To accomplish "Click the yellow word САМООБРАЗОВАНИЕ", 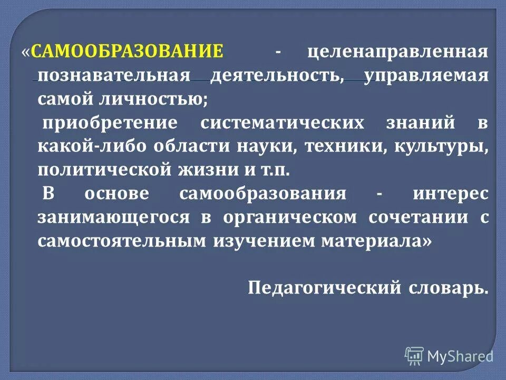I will click(x=127, y=52).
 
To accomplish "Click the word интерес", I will click(x=451, y=194).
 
